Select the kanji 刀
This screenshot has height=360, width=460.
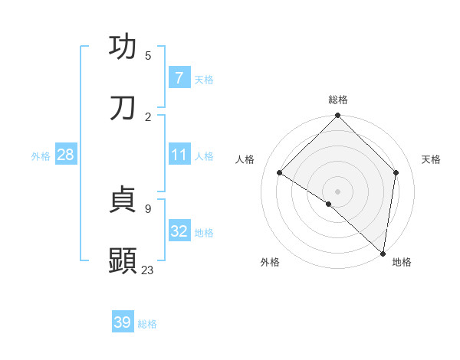coord(123,108)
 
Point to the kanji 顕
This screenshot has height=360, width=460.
coord(123,261)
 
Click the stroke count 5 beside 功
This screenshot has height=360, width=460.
coord(148,55)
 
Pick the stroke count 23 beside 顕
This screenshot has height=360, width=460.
coord(148,270)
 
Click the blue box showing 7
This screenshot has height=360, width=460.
coord(179,77)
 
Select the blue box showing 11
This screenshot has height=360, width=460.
coord(179,155)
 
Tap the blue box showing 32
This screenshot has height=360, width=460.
coord(179,231)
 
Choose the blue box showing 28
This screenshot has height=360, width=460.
coord(66,155)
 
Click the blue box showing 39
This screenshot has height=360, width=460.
coord(123,322)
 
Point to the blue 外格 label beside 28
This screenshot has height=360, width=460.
coord(41,155)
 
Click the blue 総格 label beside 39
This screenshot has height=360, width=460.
coord(147,324)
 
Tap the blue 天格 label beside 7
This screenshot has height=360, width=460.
coord(204,79)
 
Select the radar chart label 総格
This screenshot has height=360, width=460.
coord(338,100)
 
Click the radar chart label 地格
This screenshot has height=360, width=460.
coord(402,263)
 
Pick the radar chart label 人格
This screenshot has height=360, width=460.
coord(245,159)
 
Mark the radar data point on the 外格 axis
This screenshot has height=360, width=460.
coord(328,204)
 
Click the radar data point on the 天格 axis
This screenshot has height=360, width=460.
coord(396,172)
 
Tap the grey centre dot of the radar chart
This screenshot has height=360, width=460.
coord(338,191)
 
